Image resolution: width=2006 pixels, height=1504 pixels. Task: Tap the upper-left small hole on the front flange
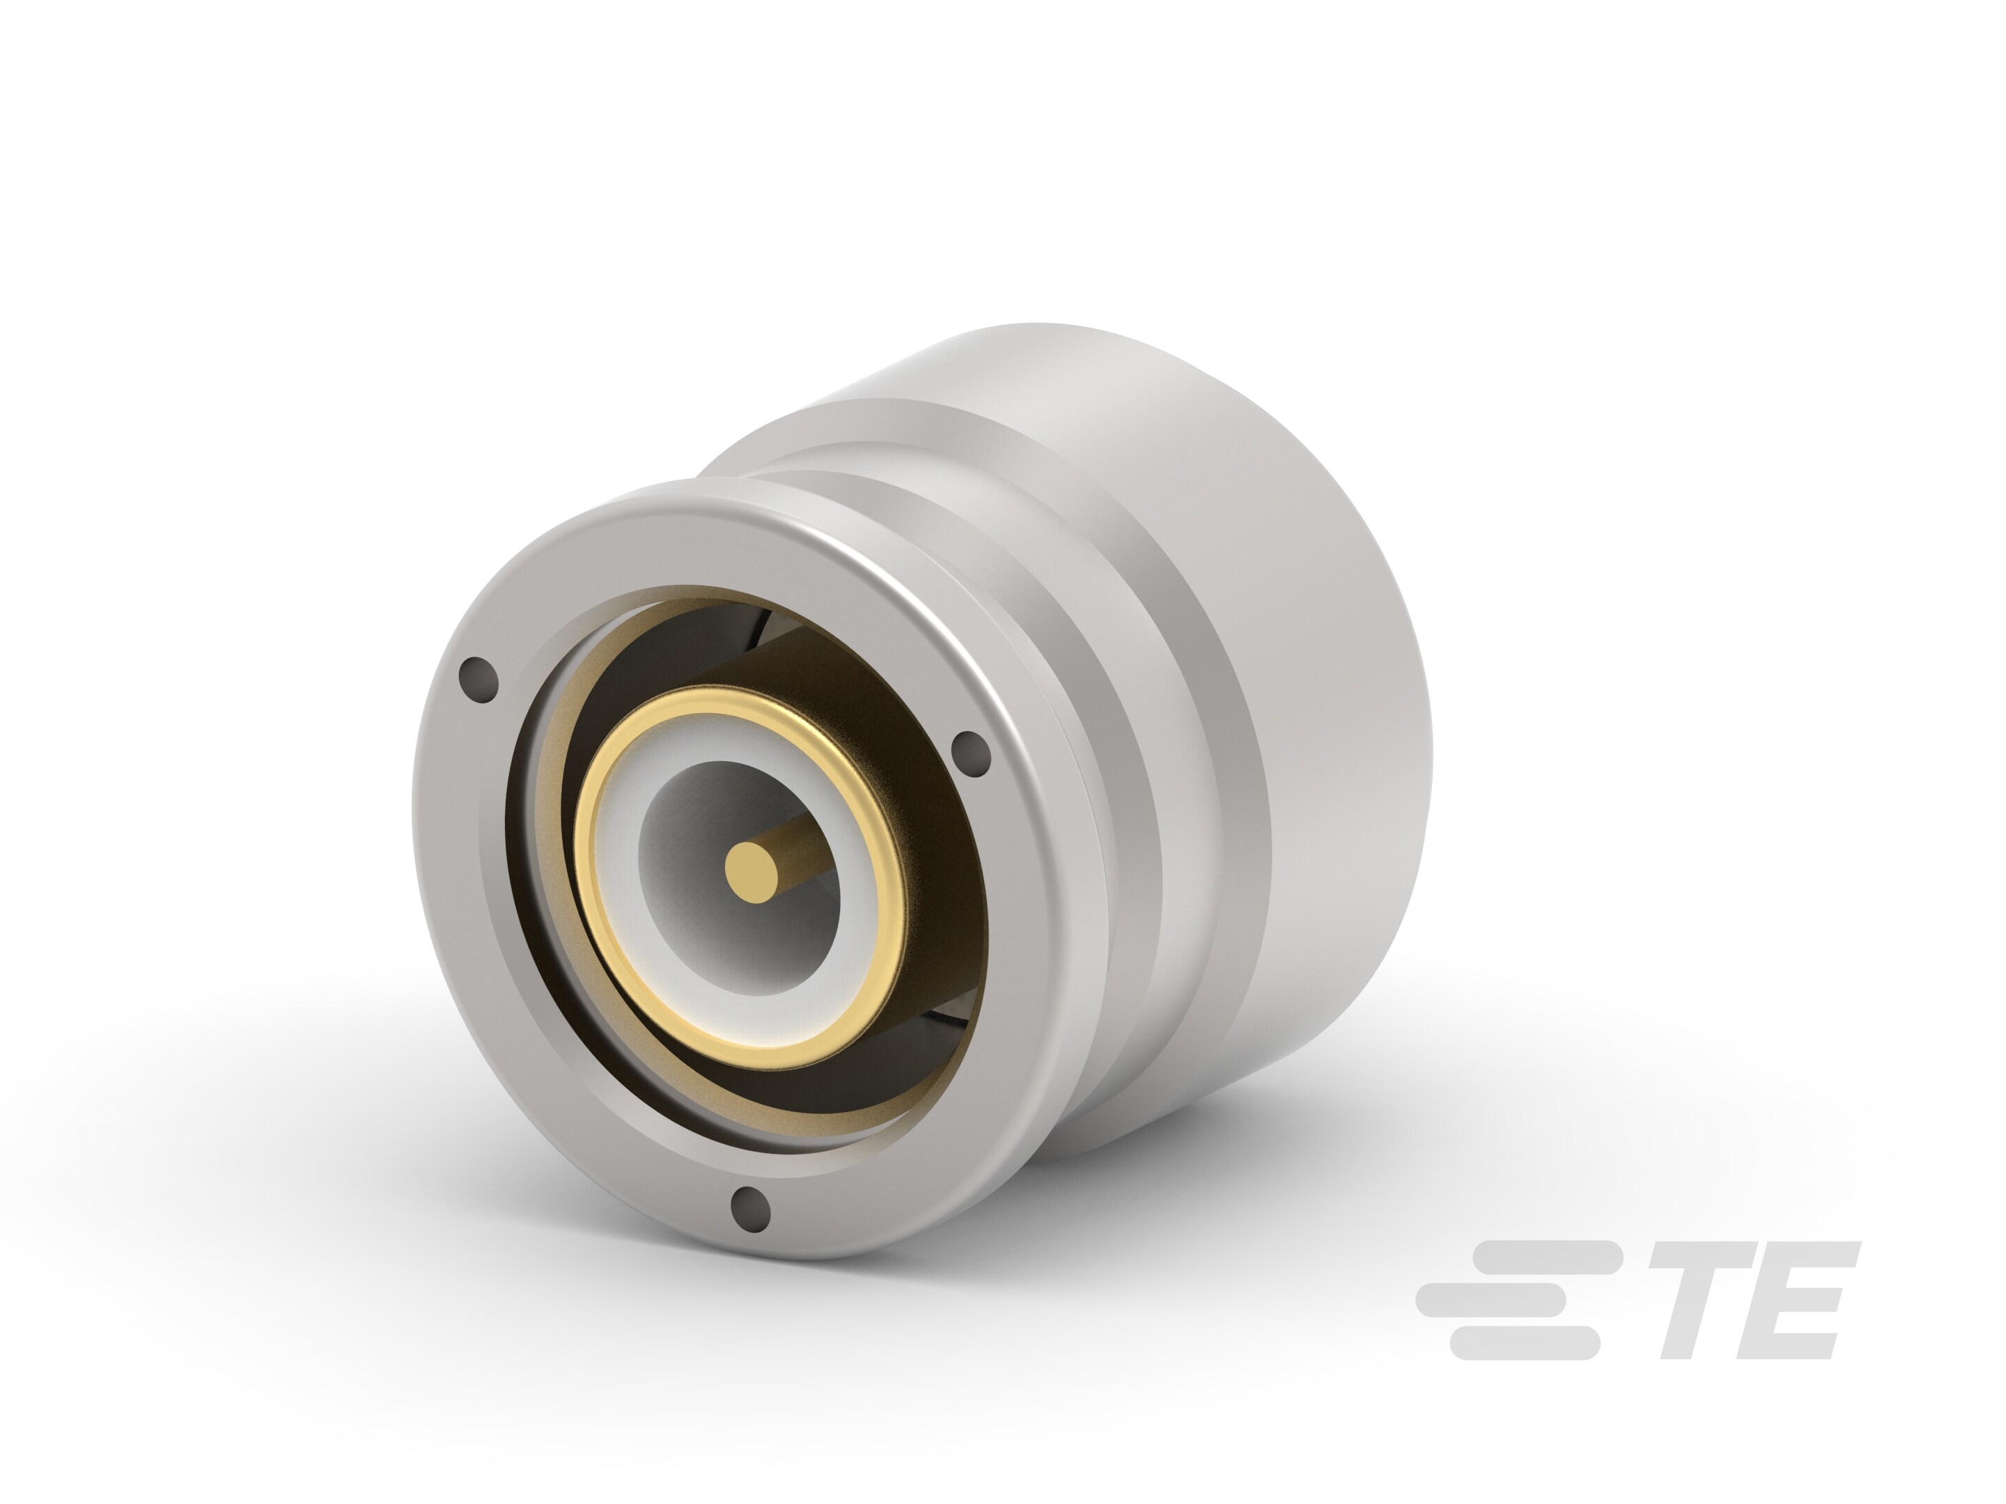click(480, 679)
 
